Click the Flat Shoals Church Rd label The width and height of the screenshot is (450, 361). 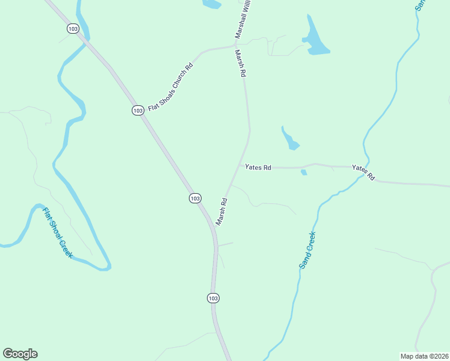tap(170, 87)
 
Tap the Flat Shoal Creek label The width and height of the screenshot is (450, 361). tap(57, 233)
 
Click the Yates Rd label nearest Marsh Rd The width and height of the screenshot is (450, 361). tap(258, 167)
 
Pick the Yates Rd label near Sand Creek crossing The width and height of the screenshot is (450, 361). tap(363, 173)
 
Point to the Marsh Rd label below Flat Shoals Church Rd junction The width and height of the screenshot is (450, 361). tap(241, 63)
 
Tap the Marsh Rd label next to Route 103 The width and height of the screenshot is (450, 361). tap(221, 212)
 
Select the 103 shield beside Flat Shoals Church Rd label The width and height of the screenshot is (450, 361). tap(138, 110)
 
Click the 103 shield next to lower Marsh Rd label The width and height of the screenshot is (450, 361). tap(194, 198)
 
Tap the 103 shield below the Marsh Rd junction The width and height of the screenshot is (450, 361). tap(212, 298)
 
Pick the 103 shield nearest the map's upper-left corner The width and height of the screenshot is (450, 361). tap(73, 28)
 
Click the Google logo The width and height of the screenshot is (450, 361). tap(20, 354)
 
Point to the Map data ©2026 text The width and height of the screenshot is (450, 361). tap(425, 356)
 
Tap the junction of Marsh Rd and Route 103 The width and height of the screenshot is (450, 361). tap(215, 227)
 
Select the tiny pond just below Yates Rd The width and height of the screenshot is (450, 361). tap(304, 173)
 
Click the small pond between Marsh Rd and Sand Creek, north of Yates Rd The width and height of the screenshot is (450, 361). tap(290, 140)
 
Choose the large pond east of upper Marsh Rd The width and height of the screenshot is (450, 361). tap(315, 39)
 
